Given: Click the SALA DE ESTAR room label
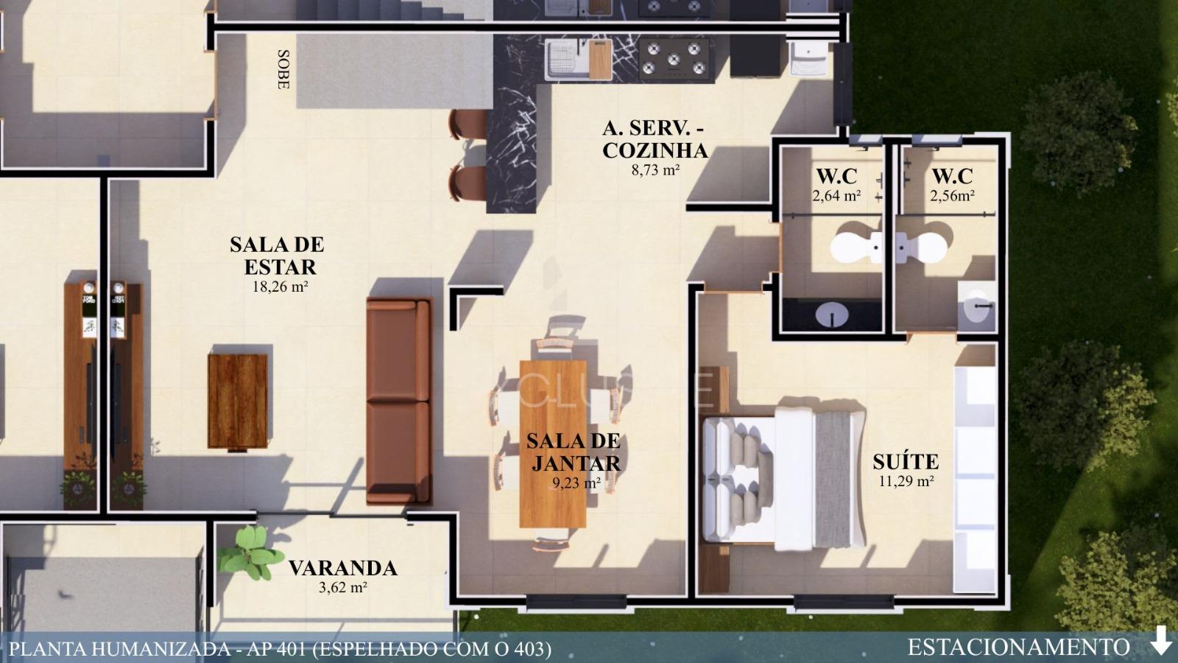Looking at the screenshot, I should tap(276, 255).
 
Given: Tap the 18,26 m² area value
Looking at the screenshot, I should tap(280, 287).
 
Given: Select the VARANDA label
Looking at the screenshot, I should tap(342, 568).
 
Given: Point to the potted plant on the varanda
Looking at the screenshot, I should tap(251, 552).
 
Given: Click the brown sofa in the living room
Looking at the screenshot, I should tap(398, 401).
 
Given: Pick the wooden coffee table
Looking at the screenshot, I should tap(237, 401).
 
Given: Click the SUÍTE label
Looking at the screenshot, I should tap(906, 462).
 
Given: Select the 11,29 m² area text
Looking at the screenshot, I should tap(906, 482).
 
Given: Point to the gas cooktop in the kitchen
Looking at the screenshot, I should tap(674, 58).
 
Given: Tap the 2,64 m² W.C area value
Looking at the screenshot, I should tap(836, 196).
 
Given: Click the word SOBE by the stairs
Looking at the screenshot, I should tap(282, 69).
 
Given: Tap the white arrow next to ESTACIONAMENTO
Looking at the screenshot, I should tap(1161, 640).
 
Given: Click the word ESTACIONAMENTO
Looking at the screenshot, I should tap(1018, 648).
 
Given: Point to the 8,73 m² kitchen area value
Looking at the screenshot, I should tap(655, 169).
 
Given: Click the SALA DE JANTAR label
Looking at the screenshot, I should tap(574, 452).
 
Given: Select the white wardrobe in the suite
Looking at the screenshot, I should tap(975, 479).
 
